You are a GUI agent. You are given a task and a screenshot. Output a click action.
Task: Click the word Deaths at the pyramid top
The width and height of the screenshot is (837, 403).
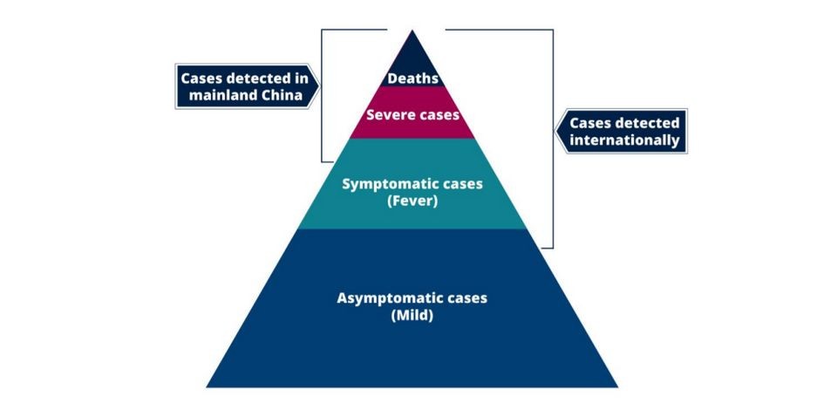click(412, 79)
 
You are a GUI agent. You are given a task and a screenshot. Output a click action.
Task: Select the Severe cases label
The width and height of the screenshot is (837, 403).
click(412, 114)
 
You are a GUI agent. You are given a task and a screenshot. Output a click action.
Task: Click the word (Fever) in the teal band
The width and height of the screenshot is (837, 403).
click(412, 201)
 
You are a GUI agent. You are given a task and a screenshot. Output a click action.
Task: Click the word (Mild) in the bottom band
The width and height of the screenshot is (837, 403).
click(412, 316)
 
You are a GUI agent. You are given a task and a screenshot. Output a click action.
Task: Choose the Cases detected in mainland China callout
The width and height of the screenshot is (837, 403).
click(243, 86)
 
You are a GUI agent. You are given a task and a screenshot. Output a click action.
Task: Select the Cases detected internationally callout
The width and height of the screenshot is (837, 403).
click(624, 131)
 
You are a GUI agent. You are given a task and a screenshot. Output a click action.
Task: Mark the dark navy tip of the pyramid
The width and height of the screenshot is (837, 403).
click(412, 52)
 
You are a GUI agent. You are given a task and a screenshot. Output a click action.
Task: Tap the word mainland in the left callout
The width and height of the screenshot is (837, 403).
click(221, 96)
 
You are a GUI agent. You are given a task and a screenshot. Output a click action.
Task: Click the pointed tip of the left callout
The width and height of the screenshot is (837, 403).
click(318, 86)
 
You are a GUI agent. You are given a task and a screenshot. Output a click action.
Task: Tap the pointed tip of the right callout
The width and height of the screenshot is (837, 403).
click(558, 132)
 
